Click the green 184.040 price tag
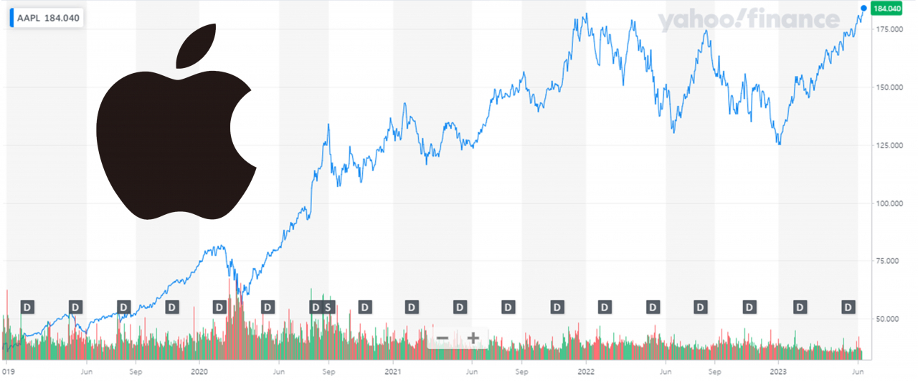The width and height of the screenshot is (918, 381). [887, 9]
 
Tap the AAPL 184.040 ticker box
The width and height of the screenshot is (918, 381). [47, 18]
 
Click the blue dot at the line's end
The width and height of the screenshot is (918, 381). [863, 8]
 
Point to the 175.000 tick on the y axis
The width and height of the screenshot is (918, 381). [889, 29]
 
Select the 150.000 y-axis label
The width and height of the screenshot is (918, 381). [889, 87]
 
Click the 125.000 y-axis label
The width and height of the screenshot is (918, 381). [889, 145]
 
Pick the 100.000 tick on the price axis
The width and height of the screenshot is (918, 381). [889, 203]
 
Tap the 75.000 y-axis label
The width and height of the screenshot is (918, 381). [887, 261]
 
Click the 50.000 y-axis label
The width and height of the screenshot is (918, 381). [887, 319]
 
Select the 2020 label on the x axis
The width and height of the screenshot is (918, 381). [199, 372]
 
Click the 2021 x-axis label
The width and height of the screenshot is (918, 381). [392, 372]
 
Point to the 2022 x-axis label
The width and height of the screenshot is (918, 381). [586, 372]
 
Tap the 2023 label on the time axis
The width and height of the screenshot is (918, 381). [778, 372]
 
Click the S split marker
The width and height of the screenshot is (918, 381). [328, 307]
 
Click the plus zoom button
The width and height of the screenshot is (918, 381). [473, 338]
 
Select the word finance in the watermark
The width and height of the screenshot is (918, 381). [792, 19]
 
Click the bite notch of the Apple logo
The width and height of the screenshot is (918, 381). [242, 127]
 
